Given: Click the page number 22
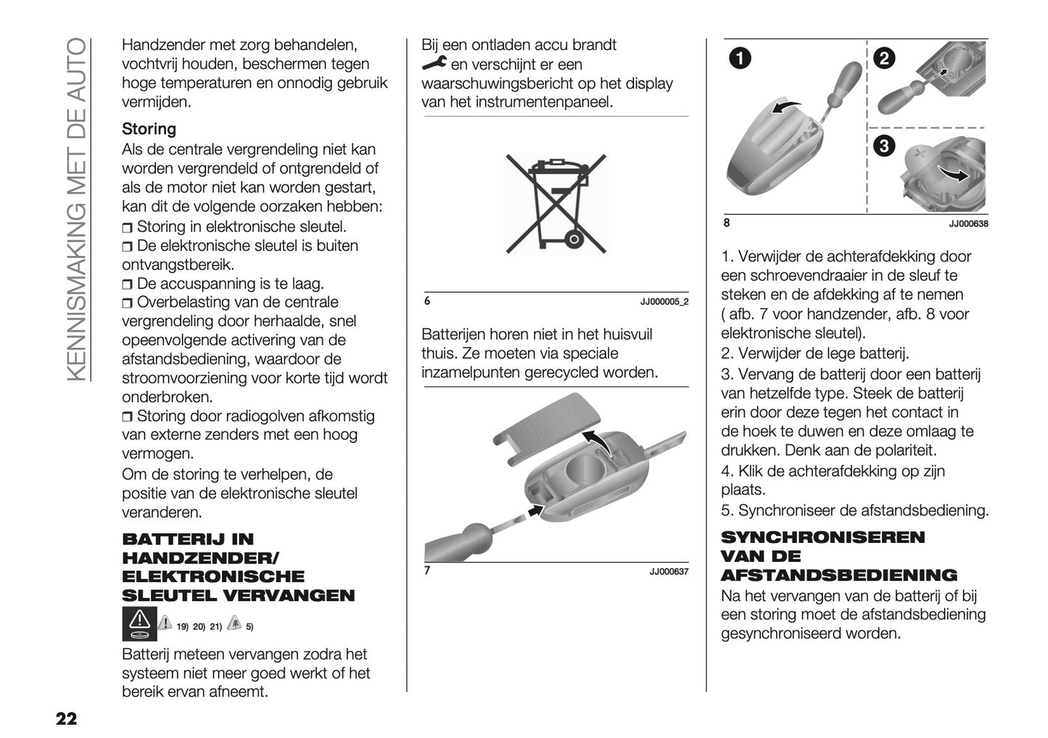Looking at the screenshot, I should [x=65, y=719].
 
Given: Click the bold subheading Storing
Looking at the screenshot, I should [x=149, y=129].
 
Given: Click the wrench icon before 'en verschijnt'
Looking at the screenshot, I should [x=434, y=65].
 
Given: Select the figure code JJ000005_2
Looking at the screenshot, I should [x=664, y=302].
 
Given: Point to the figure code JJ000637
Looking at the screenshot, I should [x=668, y=572].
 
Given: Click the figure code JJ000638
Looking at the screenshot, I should [x=967, y=224].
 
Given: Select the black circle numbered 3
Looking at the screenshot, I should [x=883, y=146].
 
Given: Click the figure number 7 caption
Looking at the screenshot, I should [x=427, y=571].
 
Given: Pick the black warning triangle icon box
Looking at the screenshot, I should [x=139, y=624].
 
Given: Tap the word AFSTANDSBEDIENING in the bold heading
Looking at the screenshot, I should [x=838, y=576].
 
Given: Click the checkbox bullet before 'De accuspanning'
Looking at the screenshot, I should [x=128, y=284].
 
